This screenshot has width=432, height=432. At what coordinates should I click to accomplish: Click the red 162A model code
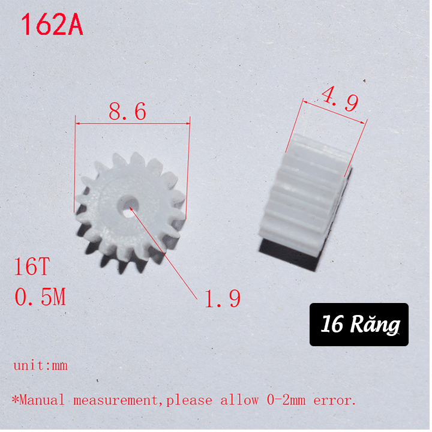point(52,26)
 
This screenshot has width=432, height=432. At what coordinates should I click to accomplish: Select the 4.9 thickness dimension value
point(339,99)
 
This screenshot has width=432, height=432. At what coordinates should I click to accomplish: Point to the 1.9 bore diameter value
point(223,298)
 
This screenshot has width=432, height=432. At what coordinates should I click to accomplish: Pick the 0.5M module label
point(40,296)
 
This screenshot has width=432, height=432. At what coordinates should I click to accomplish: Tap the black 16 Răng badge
point(359,325)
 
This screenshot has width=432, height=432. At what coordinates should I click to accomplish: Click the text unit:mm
point(40,365)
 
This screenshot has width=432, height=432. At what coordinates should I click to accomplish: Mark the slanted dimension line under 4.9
point(334,112)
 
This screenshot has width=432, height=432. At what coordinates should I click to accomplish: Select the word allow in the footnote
point(241,400)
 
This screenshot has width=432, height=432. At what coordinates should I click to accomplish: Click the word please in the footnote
point(191,400)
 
